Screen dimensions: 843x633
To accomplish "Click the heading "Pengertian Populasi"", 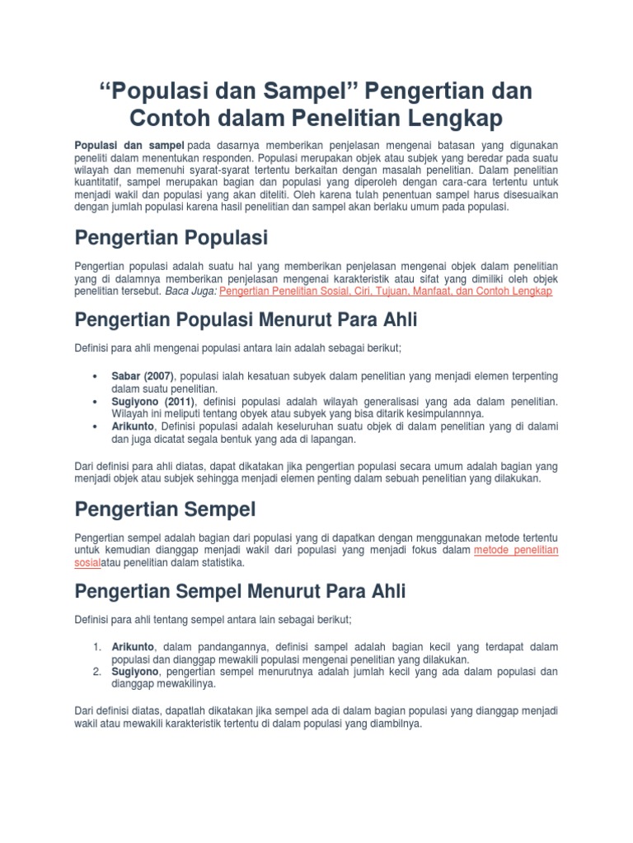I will pyautogui.click(x=171, y=238).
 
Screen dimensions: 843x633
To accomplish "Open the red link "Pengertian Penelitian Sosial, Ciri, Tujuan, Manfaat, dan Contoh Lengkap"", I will pyautogui.click(x=386, y=291).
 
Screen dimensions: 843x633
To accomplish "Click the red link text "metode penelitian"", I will pyautogui.click(x=516, y=550).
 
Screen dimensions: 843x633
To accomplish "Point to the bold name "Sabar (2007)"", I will pyautogui.click(x=144, y=375).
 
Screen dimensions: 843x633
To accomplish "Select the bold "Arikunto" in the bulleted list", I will pyautogui.click(x=134, y=426).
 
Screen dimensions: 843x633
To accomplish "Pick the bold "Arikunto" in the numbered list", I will pyautogui.click(x=134, y=646).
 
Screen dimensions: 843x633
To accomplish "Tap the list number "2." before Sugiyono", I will pyautogui.click(x=97, y=672).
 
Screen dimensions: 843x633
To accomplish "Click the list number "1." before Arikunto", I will pyautogui.click(x=97, y=646).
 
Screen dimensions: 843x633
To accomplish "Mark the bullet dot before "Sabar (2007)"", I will pyautogui.click(x=98, y=375).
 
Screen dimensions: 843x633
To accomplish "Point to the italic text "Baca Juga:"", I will pyautogui.click(x=190, y=291).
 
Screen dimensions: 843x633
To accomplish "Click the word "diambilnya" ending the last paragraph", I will pyautogui.click(x=394, y=724).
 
